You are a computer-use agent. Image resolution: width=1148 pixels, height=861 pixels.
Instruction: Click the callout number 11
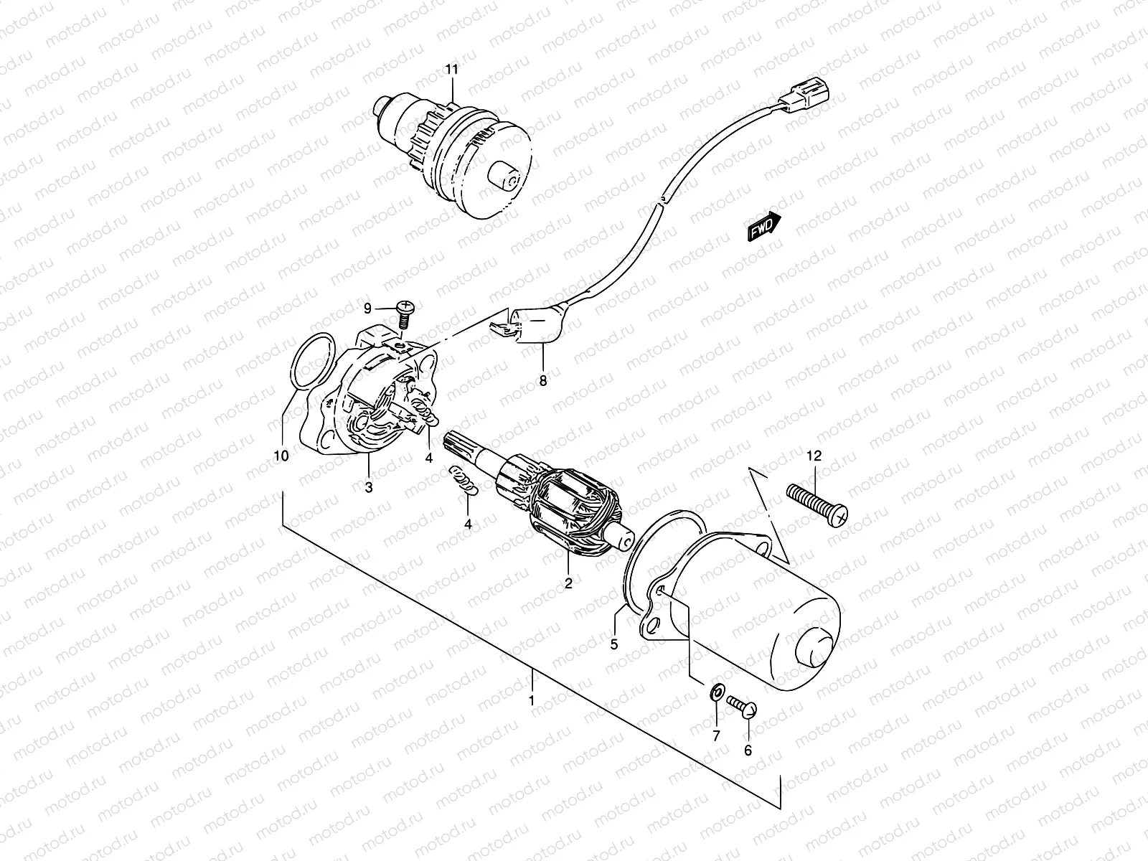[451, 70]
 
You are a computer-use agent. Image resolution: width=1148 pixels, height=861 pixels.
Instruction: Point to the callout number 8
[543, 381]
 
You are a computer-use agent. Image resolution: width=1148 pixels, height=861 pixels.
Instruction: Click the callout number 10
[281, 456]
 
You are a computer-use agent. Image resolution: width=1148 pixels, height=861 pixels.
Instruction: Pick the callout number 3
[368, 488]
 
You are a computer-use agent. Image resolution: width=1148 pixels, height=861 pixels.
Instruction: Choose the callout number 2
[568, 583]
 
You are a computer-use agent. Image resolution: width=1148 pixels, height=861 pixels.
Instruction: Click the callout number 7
[715, 736]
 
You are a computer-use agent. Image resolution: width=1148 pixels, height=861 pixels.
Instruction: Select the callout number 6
[748, 751]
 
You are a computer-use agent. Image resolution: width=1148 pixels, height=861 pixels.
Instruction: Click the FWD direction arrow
[764, 227]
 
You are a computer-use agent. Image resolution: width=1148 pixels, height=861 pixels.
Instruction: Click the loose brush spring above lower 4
[463, 479]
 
